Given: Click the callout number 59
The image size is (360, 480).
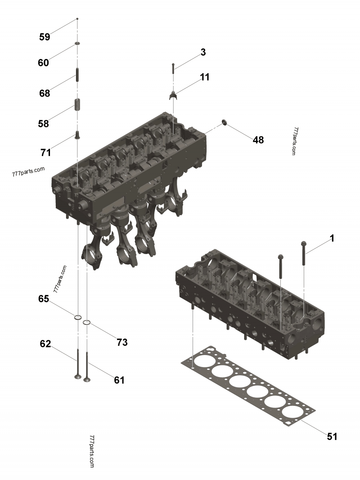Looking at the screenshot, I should click(x=45, y=37).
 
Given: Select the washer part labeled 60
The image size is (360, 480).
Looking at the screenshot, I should click(x=77, y=43).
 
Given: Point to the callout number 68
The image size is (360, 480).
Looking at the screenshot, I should click(x=44, y=94).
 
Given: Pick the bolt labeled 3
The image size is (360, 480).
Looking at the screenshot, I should click(x=173, y=68).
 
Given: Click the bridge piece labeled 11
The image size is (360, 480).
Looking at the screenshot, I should click(x=174, y=95).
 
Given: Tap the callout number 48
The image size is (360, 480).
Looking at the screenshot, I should click(x=258, y=140).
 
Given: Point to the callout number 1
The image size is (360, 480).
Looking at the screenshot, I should click(x=332, y=238).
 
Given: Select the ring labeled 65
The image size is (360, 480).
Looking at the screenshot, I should click(x=78, y=318).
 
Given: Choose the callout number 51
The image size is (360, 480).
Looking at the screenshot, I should click(x=332, y=436).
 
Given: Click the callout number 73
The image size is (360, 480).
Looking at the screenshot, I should click(x=122, y=342).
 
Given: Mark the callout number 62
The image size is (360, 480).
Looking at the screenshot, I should click(x=45, y=344).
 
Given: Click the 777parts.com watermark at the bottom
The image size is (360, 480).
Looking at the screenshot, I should click(x=92, y=451).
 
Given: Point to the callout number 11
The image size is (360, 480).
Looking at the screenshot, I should click(x=205, y=77).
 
